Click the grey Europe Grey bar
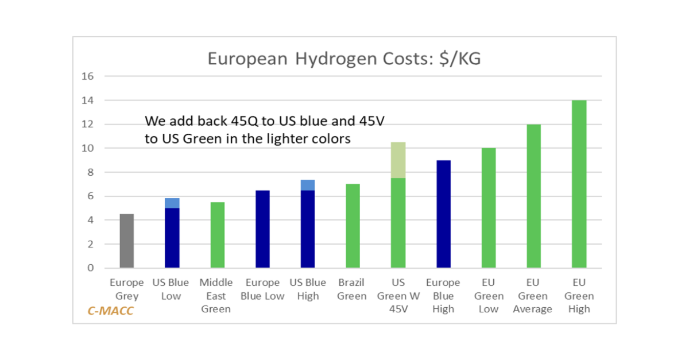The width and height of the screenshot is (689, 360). [126, 241]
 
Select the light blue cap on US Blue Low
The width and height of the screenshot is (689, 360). [172, 203]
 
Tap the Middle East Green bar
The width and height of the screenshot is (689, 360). [217, 235]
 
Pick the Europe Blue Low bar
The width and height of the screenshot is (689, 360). [262, 229]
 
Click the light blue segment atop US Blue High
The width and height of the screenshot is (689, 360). [308, 185]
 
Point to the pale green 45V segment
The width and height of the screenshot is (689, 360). [398, 160]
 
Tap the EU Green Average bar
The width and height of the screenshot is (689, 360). [534, 196]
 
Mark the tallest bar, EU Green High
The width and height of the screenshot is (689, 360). [579, 184]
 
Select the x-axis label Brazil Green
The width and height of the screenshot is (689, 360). [352, 289]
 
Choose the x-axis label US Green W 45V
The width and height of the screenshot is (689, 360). [398, 296]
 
